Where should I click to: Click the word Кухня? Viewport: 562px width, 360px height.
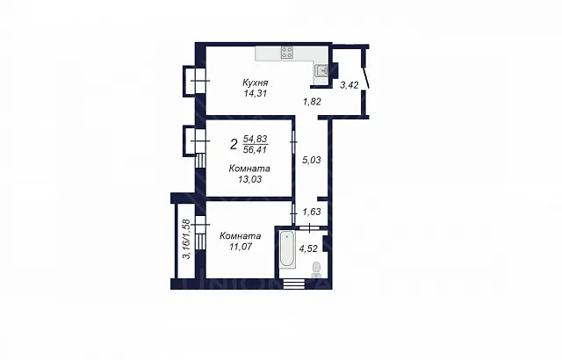256,83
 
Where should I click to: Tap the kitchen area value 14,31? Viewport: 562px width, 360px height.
255,93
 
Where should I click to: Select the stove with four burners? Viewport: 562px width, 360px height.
287,53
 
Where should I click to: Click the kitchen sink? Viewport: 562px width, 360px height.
322,70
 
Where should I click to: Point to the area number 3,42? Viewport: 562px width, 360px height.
349,85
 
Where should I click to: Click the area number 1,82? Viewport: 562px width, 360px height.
312,102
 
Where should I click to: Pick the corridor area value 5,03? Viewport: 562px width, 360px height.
312,160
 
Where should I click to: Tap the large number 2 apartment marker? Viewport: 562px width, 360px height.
234,145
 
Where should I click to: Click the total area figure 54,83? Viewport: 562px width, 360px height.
256,139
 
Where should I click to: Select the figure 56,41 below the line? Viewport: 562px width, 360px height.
256,150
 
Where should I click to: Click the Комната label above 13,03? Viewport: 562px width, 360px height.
249,169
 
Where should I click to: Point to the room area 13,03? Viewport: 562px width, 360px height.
249,179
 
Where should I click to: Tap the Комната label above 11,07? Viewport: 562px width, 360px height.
240,236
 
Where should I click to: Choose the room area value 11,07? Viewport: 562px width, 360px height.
241,247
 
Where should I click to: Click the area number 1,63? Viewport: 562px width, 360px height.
312,212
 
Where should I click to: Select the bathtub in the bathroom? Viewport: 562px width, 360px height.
287,249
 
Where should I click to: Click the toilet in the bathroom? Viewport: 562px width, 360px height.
316,270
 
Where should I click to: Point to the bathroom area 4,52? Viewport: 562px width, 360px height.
308,248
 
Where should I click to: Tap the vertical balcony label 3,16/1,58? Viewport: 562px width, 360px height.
186,239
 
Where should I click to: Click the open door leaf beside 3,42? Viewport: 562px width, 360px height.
365,78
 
